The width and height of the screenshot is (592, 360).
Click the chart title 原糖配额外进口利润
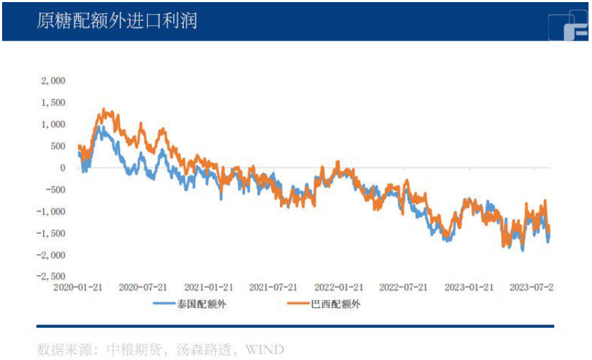(117, 21)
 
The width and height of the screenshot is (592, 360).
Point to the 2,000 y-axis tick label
(53, 81)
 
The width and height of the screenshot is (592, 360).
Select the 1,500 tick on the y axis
(53, 103)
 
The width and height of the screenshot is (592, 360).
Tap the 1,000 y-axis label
(53, 124)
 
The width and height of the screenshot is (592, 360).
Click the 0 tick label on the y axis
(62, 167)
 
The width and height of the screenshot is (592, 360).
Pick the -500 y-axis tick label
(54, 190)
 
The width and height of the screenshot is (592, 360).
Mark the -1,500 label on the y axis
(52, 233)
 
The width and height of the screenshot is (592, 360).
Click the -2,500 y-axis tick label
(52, 276)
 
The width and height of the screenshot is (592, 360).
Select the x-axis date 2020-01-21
(77, 287)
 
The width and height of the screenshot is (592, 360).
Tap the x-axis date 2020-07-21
(142, 287)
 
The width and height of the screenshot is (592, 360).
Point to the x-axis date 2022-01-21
(338, 287)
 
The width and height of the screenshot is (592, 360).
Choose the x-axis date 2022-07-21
(403, 287)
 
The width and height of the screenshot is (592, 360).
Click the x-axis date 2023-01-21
(468, 287)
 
